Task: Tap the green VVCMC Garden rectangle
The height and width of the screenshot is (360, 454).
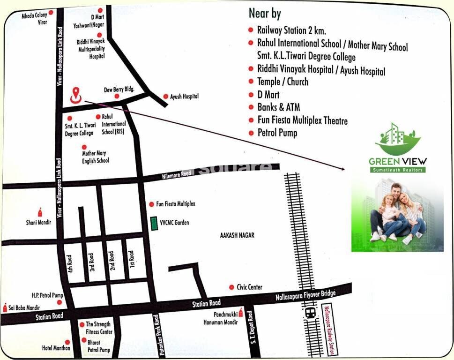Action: [x=154, y=223]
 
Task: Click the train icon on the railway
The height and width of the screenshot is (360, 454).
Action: [x=310, y=313]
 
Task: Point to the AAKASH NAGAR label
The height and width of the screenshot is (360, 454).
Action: [x=237, y=235]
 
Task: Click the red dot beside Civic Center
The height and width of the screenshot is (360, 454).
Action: [x=231, y=287]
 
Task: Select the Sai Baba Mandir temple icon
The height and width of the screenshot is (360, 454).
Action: [x=5, y=307]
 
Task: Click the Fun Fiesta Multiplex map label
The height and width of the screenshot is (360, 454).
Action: [x=175, y=204]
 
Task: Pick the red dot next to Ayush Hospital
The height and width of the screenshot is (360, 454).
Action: [x=166, y=97]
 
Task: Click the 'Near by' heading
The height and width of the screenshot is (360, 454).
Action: [x=265, y=13]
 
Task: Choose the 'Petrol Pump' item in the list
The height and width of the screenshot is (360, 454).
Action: [x=277, y=133]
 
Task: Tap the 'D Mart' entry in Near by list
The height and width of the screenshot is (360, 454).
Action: [x=268, y=95]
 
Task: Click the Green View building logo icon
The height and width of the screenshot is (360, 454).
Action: [x=398, y=140]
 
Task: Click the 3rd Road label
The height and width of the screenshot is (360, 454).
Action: [x=92, y=262]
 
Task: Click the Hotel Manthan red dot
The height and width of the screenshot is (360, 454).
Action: [x=67, y=342]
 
